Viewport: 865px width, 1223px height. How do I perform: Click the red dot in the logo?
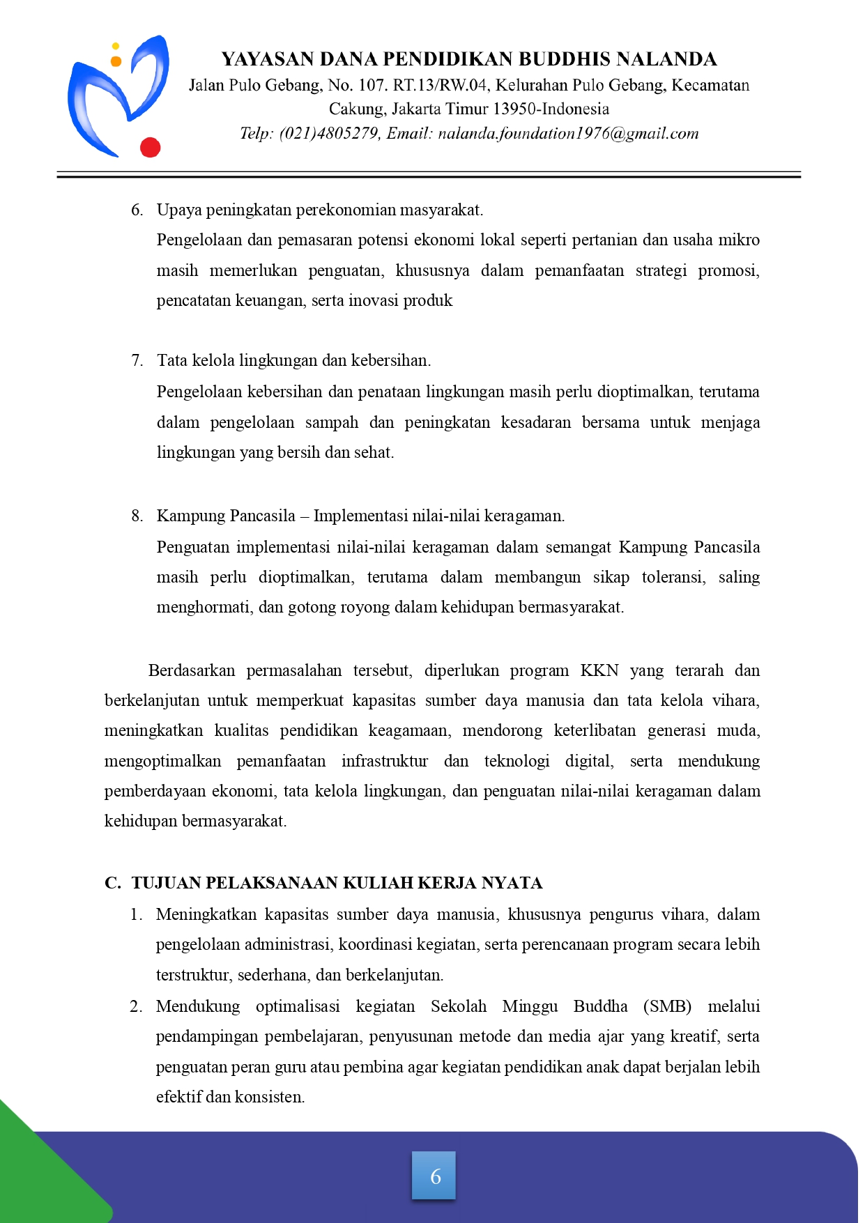pyautogui.click(x=151, y=147)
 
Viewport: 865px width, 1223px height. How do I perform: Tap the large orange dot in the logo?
pyautogui.click(x=116, y=61)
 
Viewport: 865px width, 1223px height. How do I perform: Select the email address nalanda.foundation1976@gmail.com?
pyautogui.click(x=568, y=134)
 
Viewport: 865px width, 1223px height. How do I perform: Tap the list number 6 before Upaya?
pyautogui.click(x=137, y=210)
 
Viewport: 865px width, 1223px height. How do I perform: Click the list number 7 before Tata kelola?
pyautogui.click(x=137, y=360)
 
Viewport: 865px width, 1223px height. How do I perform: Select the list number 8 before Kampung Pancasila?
pyautogui.click(x=137, y=516)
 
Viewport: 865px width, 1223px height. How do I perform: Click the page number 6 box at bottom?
pyautogui.click(x=434, y=1176)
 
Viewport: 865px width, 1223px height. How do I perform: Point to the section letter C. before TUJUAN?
pyautogui.click(x=112, y=883)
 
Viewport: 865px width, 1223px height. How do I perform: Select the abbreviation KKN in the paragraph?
pyautogui.click(x=599, y=670)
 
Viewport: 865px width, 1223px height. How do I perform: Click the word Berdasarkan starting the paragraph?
pyautogui.click(x=192, y=670)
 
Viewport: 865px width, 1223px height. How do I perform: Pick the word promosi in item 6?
pyautogui.click(x=728, y=270)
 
